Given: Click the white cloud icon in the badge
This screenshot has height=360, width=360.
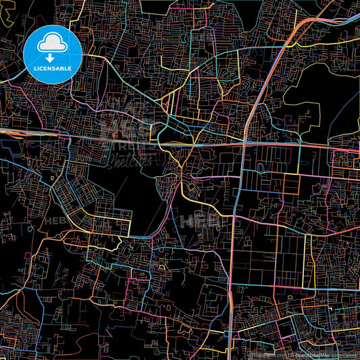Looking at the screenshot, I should pos(52,43).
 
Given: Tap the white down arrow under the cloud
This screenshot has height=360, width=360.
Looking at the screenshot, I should pos(52,49).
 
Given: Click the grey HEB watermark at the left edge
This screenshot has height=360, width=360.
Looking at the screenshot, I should pos(54,220).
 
